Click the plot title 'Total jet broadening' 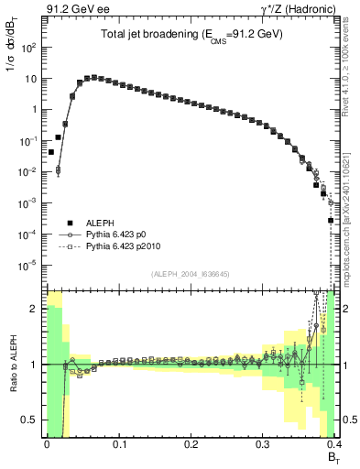pyautogui.click(x=191, y=34)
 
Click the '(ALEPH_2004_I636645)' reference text pyautogui.click(x=190, y=274)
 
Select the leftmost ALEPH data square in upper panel pyautogui.click(x=50, y=152)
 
